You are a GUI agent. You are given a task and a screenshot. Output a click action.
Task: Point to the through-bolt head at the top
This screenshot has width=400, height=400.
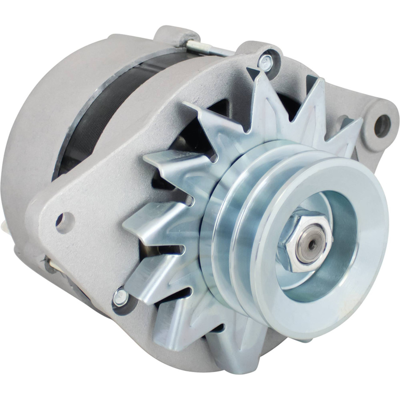[265, 61]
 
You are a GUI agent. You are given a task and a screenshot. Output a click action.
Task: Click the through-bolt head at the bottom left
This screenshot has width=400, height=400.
[120, 297]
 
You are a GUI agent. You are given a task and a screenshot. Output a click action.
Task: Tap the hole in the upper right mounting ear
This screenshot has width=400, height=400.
[382, 125]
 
